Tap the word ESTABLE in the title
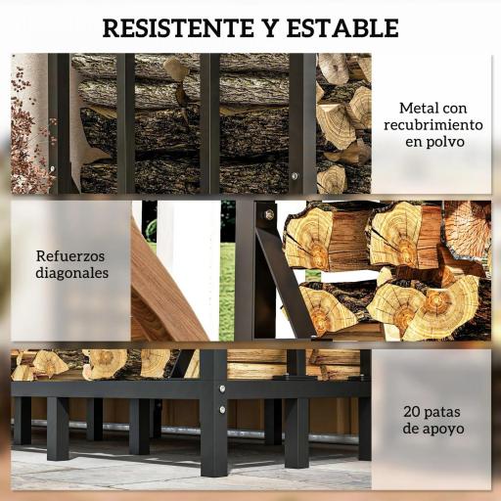[340, 27]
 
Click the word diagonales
[72, 273]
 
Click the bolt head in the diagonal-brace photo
[268, 214]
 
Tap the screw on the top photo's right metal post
[291, 176]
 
